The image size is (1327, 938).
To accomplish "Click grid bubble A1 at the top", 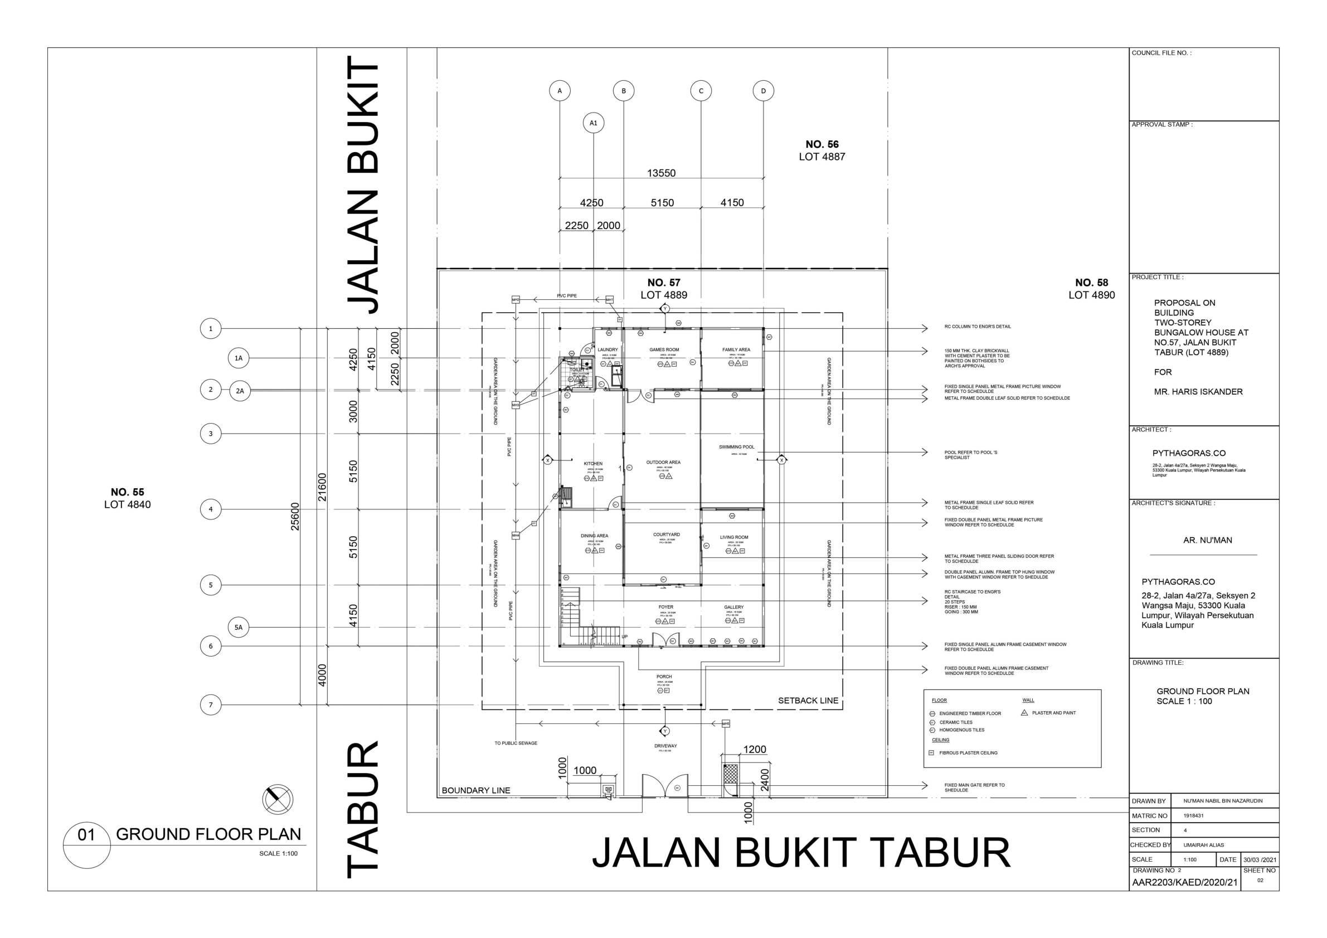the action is (593, 123).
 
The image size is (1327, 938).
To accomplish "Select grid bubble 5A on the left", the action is (238, 627).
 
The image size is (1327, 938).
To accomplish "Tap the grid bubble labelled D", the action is (763, 91).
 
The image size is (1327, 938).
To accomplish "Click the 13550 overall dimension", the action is (661, 173).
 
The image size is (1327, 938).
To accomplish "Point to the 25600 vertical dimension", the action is (295, 516).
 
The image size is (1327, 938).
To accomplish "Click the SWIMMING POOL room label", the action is (736, 447).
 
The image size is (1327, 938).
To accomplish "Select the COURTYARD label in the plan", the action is (667, 534).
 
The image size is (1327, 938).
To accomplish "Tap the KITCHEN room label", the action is (593, 464).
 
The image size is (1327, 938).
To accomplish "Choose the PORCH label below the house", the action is (664, 676).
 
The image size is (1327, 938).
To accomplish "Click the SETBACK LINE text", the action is (808, 701).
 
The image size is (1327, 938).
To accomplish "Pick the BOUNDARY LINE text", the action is (475, 790).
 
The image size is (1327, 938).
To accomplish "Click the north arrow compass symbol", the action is (278, 799).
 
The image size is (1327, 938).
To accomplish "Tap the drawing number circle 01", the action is (86, 834).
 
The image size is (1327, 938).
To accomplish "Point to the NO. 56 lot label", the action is (822, 144).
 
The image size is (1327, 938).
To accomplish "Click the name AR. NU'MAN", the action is (1207, 540).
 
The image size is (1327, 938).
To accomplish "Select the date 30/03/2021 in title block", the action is (1260, 859).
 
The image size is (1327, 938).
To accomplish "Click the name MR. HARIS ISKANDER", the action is (1198, 391).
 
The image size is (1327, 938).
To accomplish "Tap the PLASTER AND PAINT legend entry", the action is (1053, 713).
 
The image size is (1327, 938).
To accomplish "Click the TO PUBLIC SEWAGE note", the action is (516, 743).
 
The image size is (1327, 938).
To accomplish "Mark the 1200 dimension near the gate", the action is (754, 750).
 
